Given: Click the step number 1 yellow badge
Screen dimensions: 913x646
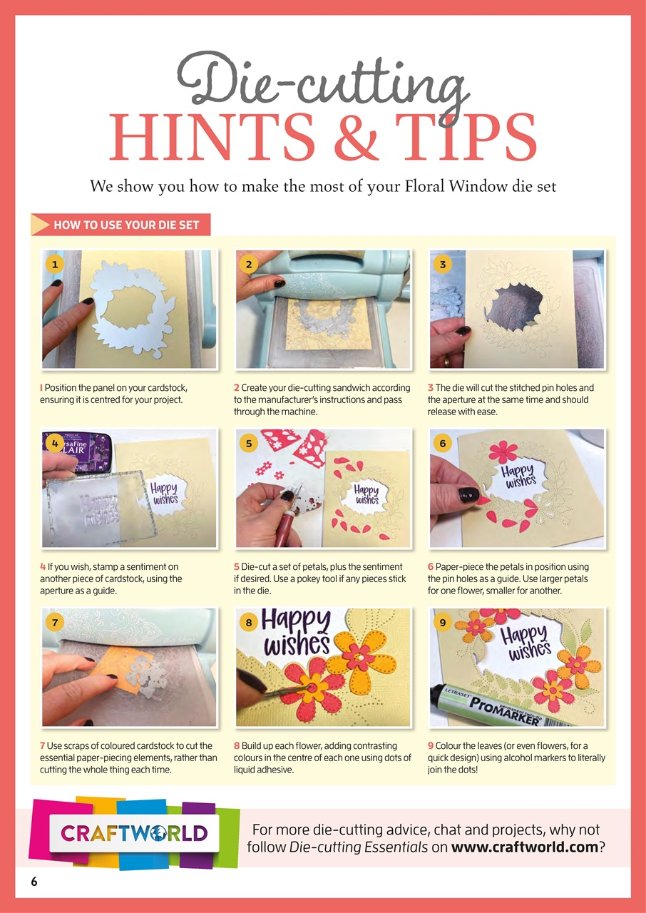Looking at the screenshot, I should [53, 264].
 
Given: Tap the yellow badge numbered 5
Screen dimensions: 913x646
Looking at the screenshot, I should [248, 443].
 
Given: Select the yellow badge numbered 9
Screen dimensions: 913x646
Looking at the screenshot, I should [442, 622].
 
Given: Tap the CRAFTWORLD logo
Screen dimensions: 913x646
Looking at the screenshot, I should [134, 833].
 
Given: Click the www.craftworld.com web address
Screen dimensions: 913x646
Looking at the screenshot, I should [520, 847].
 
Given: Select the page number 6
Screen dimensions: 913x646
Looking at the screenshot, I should [34, 881].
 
